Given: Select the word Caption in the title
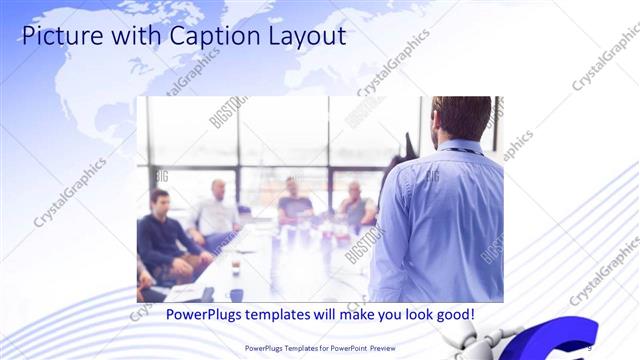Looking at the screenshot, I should pos(211,37).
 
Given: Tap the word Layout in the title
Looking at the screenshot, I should pos(305,37).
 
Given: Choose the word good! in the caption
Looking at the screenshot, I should pos(453,315).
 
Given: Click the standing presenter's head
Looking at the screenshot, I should pos(462,118).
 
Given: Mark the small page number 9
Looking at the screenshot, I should pos(590,347).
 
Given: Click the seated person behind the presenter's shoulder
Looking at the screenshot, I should pos(355,206).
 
